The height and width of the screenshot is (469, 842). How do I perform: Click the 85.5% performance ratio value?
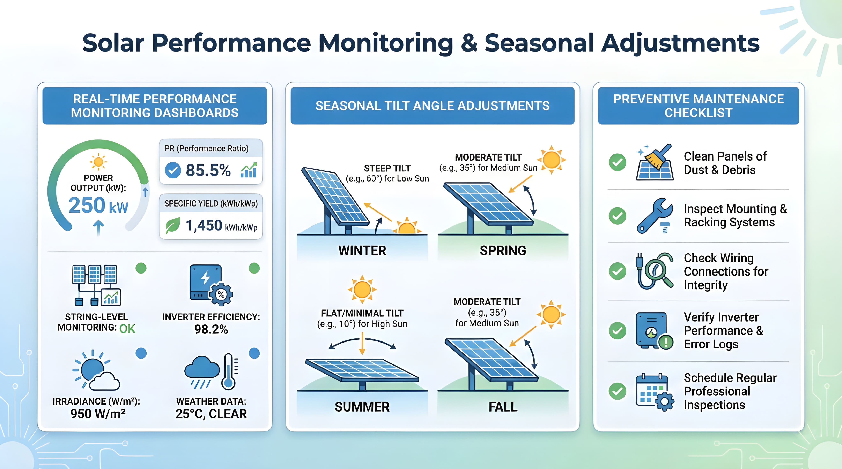click(x=208, y=170)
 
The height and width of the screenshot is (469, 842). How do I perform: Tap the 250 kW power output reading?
click(x=98, y=206)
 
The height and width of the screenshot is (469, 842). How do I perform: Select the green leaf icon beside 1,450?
click(x=173, y=225)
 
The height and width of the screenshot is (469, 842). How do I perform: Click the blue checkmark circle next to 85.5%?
click(x=173, y=170)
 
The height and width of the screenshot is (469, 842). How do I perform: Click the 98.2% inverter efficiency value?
click(x=211, y=329)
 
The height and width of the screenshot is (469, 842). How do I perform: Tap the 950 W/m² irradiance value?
click(x=98, y=414)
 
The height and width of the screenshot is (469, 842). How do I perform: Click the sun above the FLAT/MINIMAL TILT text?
click(x=362, y=289)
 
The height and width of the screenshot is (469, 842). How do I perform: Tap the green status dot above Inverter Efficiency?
click(x=254, y=268)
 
